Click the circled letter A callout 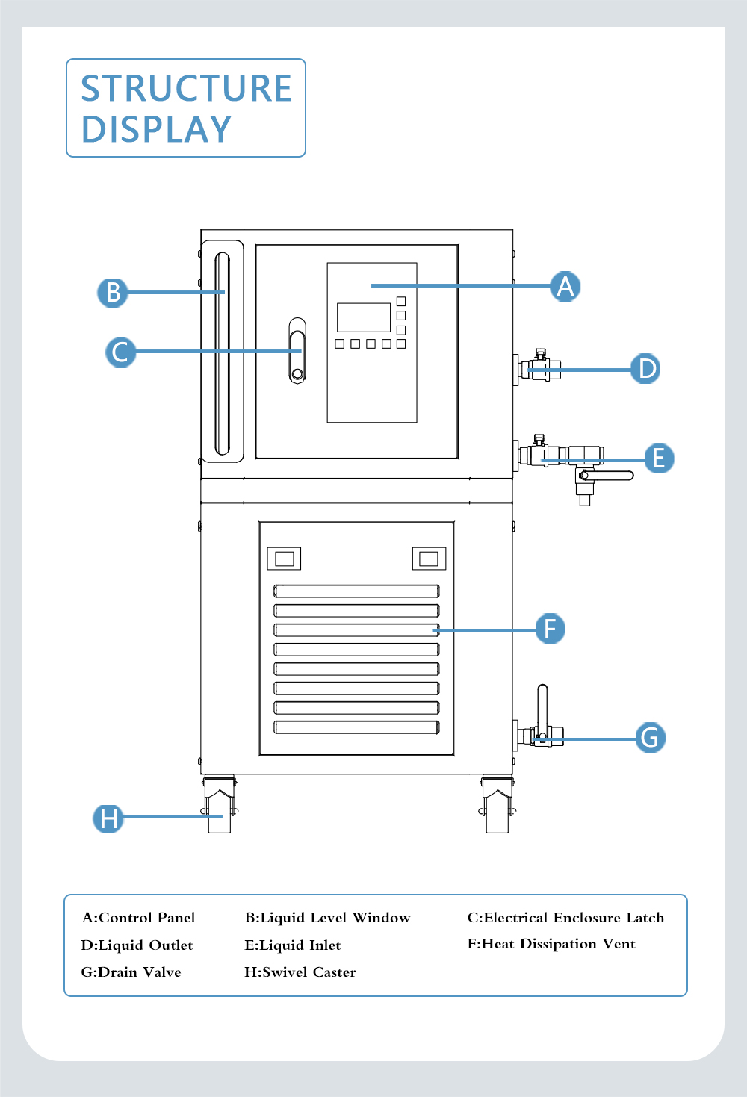point(565,286)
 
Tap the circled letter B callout point(113,292)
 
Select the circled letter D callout point(645,368)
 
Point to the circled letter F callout point(551,629)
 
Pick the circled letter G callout point(651,738)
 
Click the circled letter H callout point(108,818)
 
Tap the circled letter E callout point(659,458)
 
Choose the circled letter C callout point(120,352)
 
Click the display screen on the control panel point(364,317)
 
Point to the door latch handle point(297,350)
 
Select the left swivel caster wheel point(220,814)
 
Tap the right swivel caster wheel point(497,814)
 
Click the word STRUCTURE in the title point(186,88)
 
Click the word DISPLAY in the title point(156,129)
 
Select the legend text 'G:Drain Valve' point(131,972)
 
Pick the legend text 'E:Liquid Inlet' point(292,945)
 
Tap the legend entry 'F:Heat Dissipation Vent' point(551,944)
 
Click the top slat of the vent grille point(356,591)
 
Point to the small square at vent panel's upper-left point(284,559)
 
